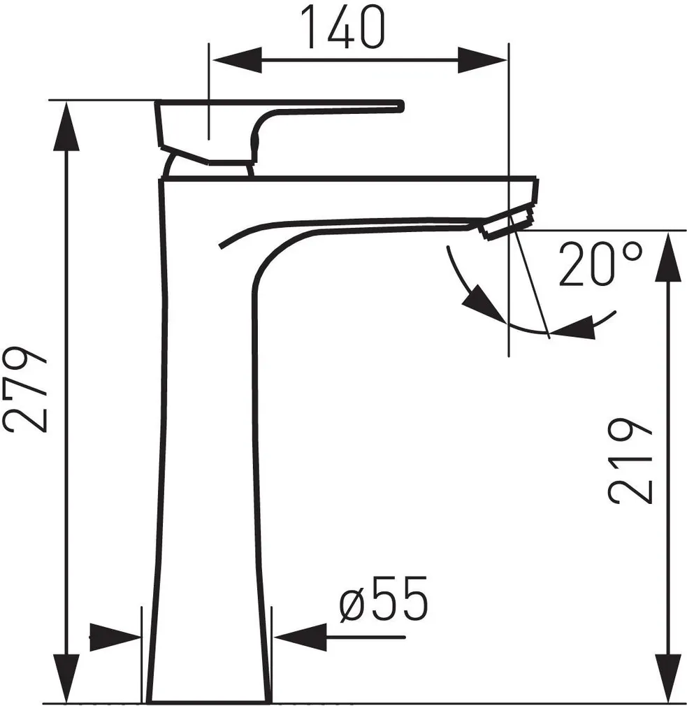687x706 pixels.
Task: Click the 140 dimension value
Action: pyautogui.click(x=344, y=27)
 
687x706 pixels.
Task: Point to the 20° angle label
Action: pyautogui.click(x=600, y=265)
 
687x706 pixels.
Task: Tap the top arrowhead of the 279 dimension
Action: pyautogui.click(x=67, y=126)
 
